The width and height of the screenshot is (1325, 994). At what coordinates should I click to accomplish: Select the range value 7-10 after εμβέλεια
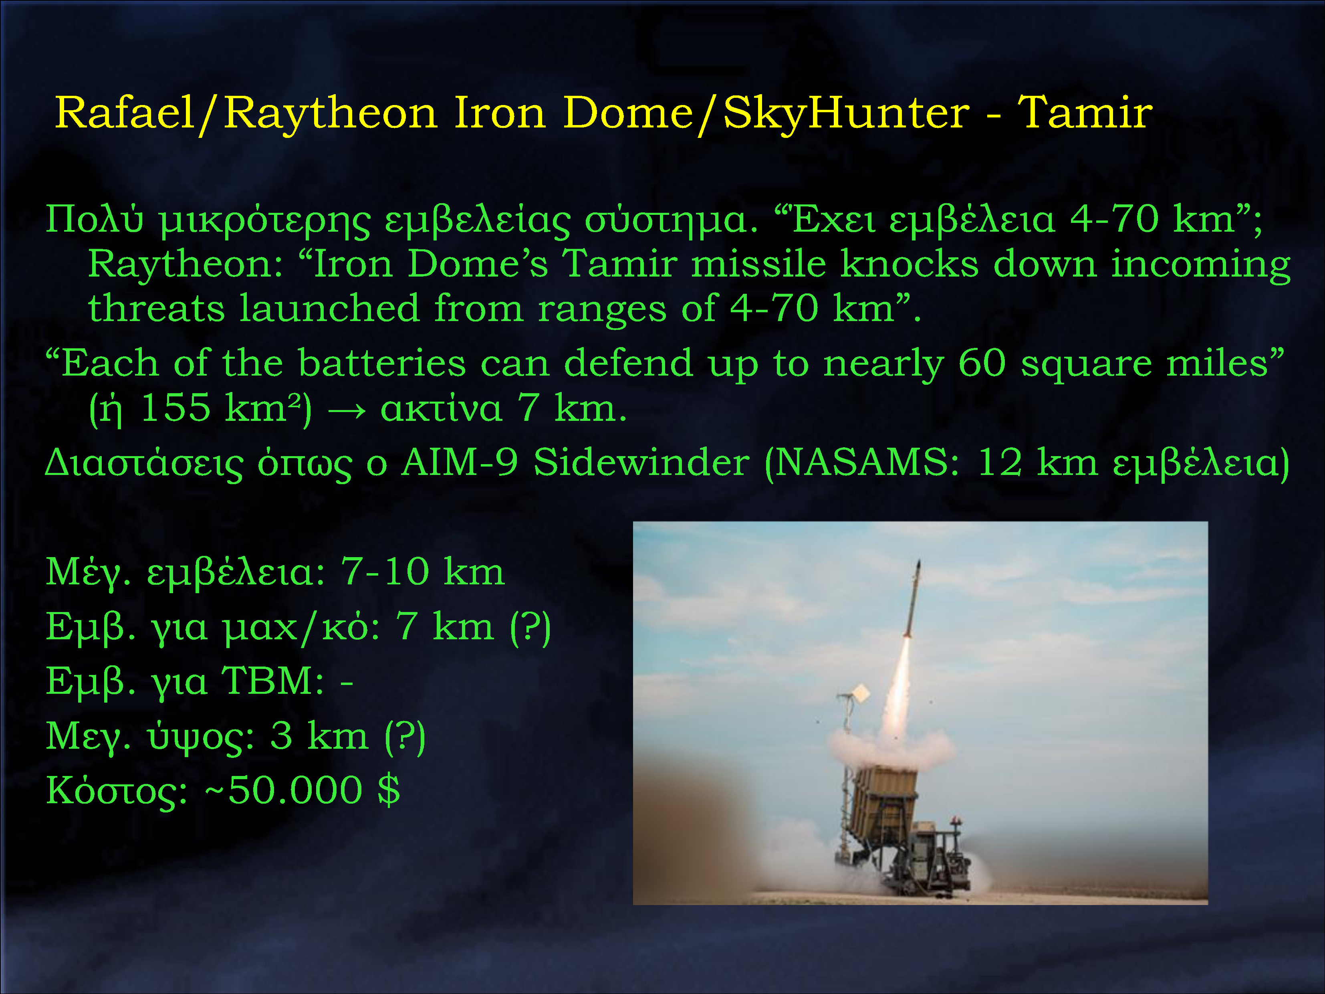[x=385, y=572]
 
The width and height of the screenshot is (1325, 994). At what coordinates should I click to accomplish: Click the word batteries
[x=381, y=363]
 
